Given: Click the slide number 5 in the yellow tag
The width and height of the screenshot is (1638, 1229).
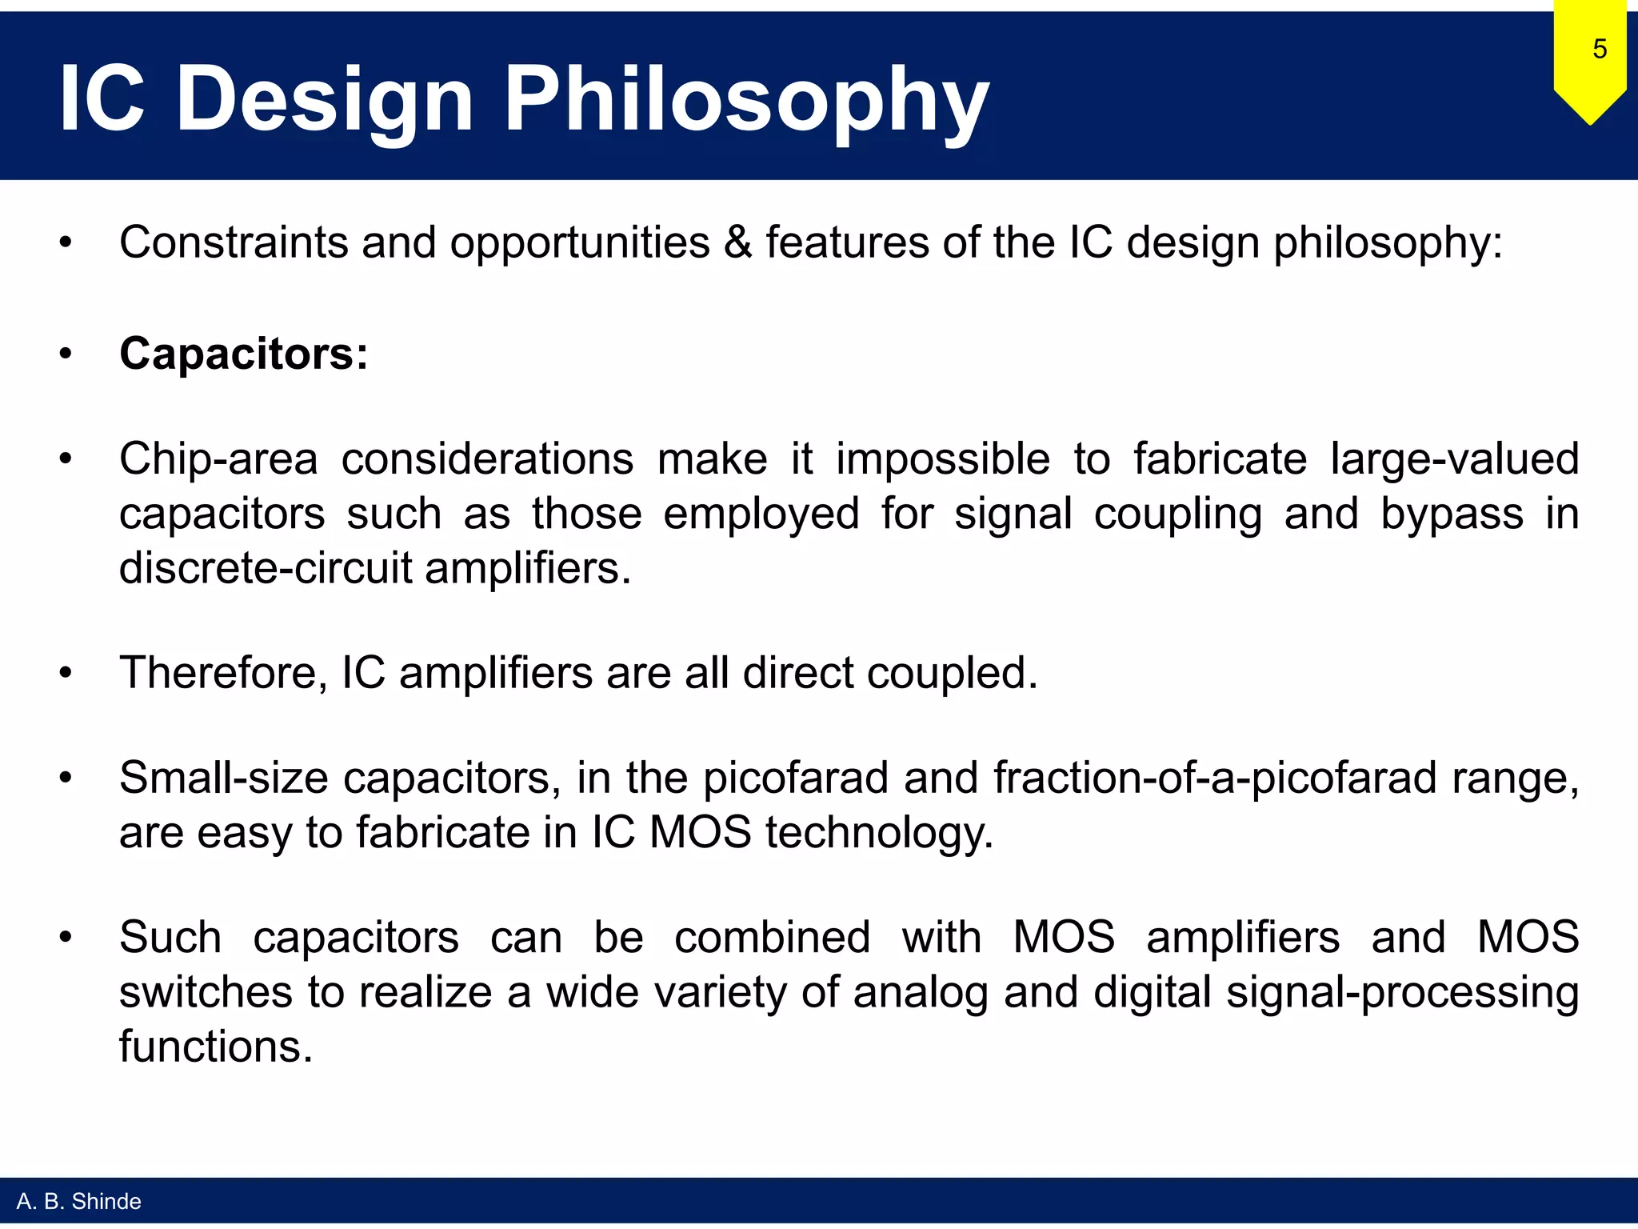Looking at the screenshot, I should tap(1599, 50).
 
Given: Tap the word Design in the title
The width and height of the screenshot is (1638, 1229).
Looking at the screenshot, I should tap(325, 100).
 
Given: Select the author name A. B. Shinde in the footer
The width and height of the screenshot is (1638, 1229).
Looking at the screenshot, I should tap(78, 1201).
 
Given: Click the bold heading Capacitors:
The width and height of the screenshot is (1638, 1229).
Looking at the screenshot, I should tap(244, 353).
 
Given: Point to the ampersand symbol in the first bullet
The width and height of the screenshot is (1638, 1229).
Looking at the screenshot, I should tap(737, 242).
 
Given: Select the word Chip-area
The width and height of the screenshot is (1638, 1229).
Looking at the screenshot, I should tap(218, 460).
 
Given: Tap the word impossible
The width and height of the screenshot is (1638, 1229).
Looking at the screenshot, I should tap(943, 460).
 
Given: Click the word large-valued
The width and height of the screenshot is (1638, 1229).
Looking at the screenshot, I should tap(1454, 460).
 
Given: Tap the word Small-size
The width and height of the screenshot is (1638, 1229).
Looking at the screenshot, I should tap(223, 778).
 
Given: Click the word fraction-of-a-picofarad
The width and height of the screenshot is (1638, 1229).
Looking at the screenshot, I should tap(1215, 778).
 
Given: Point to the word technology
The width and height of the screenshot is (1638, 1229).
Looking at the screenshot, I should tap(879, 833).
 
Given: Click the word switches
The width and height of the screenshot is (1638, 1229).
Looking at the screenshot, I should tap(206, 992).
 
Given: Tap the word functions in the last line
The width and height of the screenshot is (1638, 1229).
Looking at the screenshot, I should tap(215, 1047).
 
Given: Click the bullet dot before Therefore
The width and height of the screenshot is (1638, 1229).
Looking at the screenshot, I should tap(66, 673).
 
